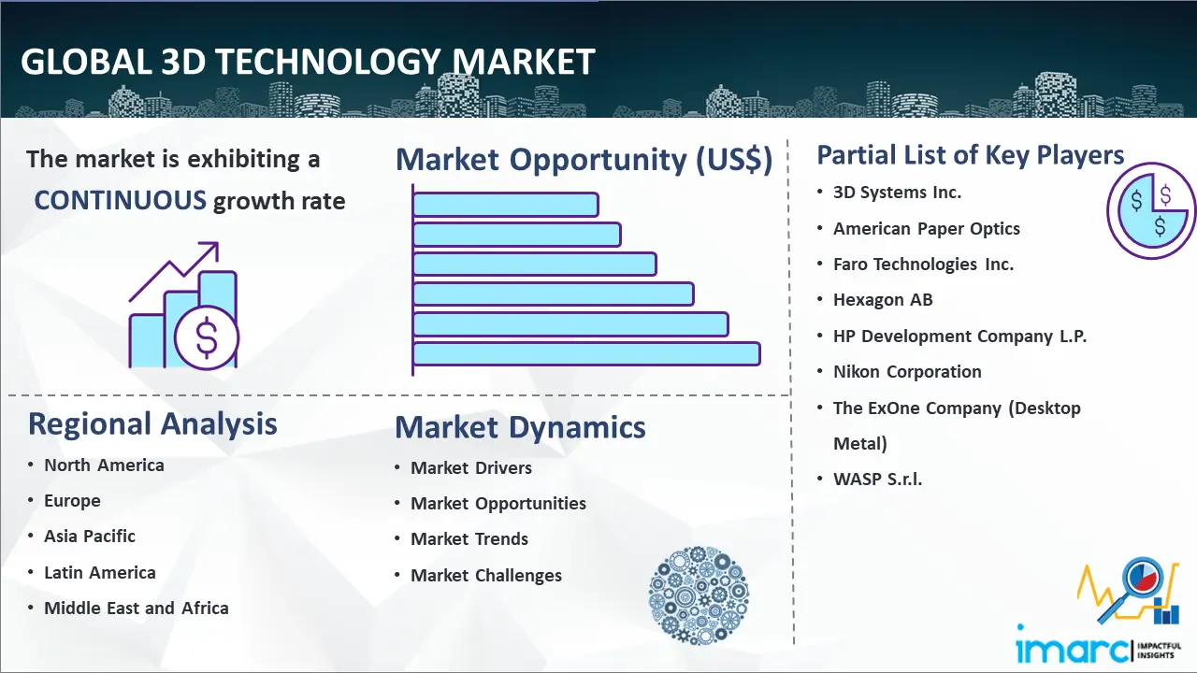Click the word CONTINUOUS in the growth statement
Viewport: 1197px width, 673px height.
pyautogui.click(x=121, y=201)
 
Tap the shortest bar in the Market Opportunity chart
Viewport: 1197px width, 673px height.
pyautogui.click(x=506, y=205)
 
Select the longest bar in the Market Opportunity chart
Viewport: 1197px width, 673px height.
pyautogui.click(x=586, y=353)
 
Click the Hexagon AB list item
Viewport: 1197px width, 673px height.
pyautogui.click(x=883, y=300)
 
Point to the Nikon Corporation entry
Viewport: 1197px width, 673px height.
pyautogui.click(x=907, y=371)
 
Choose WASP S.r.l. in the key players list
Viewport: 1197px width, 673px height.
pyautogui.click(x=877, y=480)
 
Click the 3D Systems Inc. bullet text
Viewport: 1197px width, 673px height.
pyautogui.click(x=897, y=193)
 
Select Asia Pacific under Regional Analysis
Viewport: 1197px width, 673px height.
pyautogui.click(x=90, y=536)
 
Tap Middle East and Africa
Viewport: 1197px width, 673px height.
pyautogui.click(x=137, y=608)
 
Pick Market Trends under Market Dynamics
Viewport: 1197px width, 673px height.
pyautogui.click(x=469, y=539)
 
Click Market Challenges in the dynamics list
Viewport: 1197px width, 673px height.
pyautogui.click(x=486, y=575)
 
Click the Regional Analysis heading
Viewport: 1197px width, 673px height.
pyautogui.click(x=152, y=424)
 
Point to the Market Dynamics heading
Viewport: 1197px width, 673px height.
pyautogui.click(x=520, y=427)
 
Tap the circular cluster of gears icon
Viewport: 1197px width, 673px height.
pyautogui.click(x=699, y=594)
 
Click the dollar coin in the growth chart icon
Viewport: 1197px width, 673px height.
pyautogui.click(x=207, y=337)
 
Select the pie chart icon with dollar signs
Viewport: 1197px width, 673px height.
pyautogui.click(x=1151, y=211)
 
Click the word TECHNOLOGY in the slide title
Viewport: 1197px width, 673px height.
pyautogui.click(x=328, y=63)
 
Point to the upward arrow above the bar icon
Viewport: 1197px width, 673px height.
pyautogui.click(x=174, y=271)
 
